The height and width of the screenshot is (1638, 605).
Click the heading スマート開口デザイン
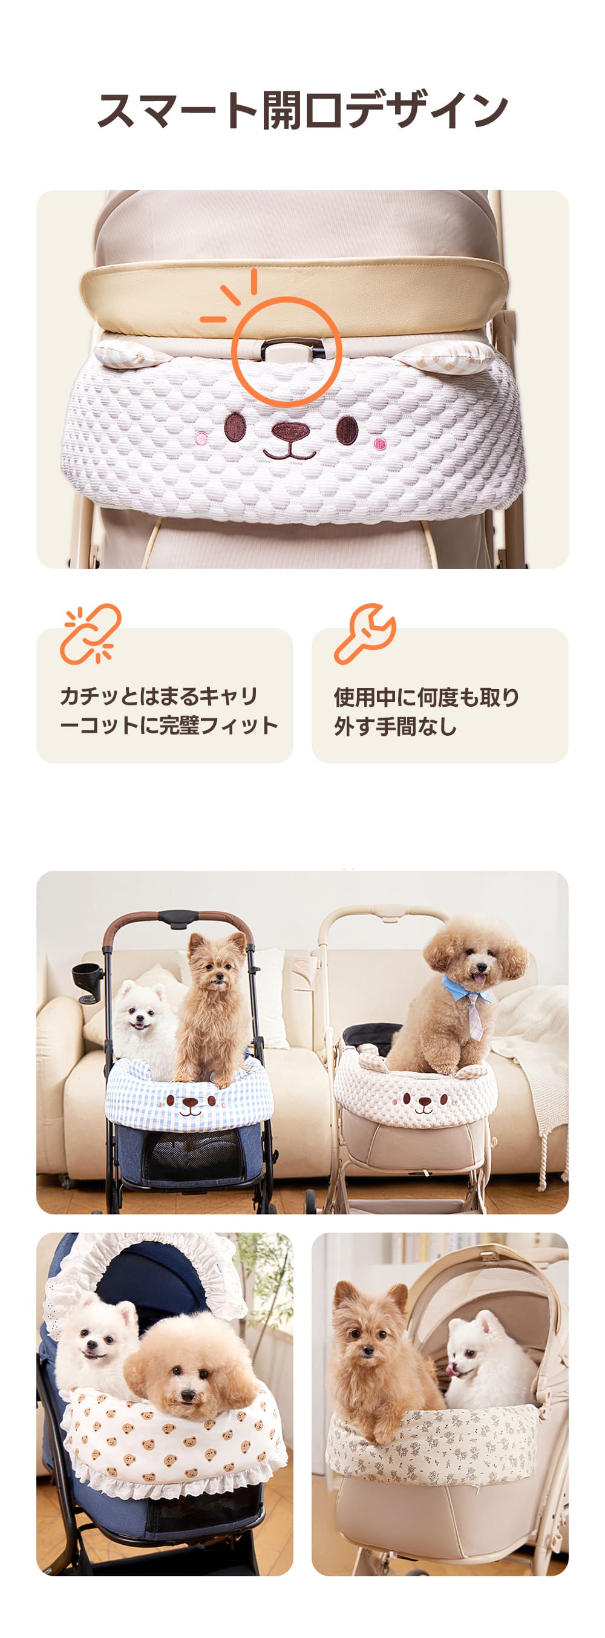coord(302,110)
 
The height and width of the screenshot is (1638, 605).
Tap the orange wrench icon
coord(365,634)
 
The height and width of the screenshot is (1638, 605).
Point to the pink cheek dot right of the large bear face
coord(379,443)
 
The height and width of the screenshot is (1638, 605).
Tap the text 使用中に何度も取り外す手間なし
coord(427,712)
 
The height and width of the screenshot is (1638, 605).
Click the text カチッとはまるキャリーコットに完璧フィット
coord(169,711)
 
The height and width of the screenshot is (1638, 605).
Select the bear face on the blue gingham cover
coord(190,1103)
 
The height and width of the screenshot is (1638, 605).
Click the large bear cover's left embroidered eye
coord(235,427)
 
